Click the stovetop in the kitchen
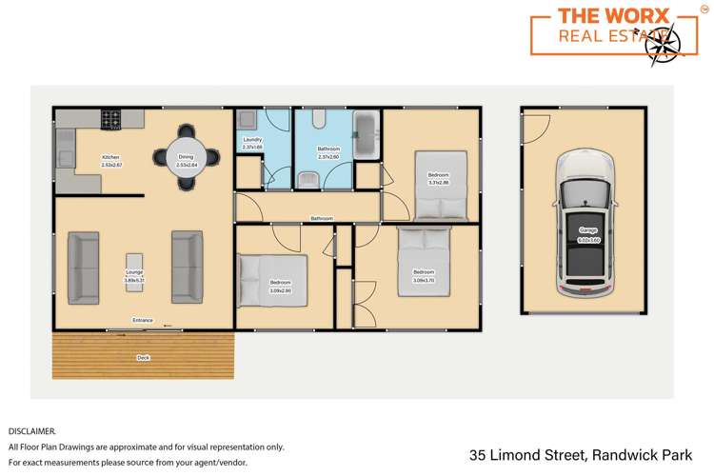(111, 121)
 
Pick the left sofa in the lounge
(84, 267)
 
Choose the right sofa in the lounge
(187, 267)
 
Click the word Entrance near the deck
(143, 321)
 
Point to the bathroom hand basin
(307, 180)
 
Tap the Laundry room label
(252, 140)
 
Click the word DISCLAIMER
(32, 431)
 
